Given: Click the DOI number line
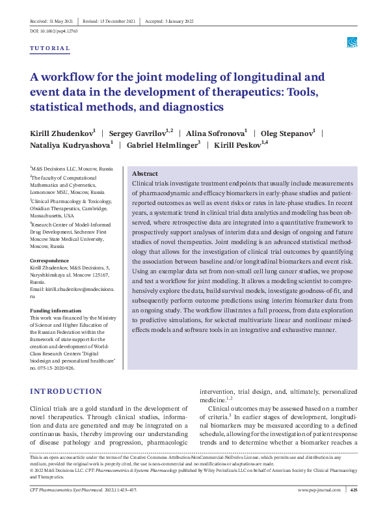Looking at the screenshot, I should [54, 31].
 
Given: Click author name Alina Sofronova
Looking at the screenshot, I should [215, 133].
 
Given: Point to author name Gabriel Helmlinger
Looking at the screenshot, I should [162, 145].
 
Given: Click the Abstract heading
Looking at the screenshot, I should [144, 174].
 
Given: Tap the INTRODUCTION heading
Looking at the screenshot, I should [66, 391].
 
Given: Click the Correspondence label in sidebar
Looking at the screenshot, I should [50, 261].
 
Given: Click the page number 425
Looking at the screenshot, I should [353, 489].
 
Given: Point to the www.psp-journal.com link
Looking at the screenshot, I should [320, 489].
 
